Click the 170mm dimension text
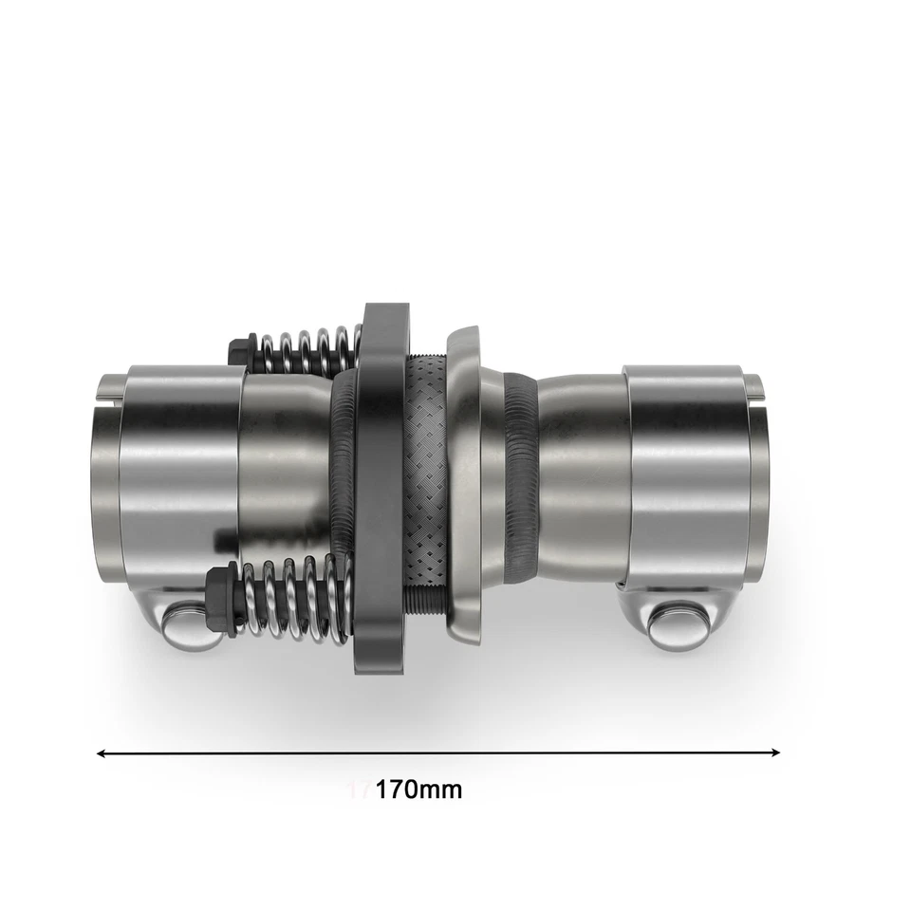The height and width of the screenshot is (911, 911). point(418,789)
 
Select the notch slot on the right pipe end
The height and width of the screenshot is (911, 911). point(756,384)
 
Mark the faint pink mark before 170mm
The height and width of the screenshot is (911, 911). point(359,789)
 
